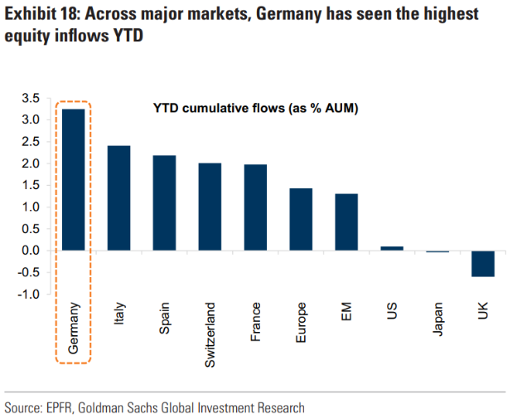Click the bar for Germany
click(x=74, y=179)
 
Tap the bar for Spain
click(x=164, y=202)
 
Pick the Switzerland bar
click(x=210, y=207)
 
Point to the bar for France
click(x=255, y=207)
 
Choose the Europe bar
click(x=301, y=219)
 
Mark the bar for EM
click(x=346, y=222)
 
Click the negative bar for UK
click(x=482, y=263)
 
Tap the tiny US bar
click(x=392, y=248)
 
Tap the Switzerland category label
click(x=210, y=334)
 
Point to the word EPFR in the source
click(x=68, y=407)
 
